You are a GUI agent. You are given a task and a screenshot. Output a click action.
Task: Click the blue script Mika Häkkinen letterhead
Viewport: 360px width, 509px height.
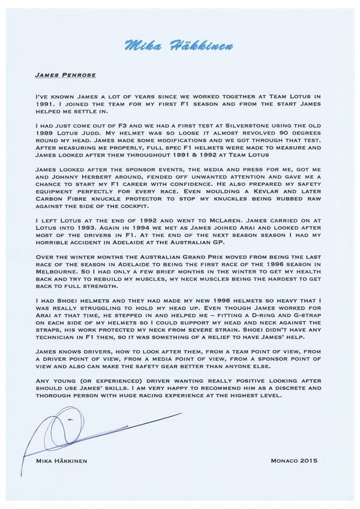pyautogui.click(x=180, y=46)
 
